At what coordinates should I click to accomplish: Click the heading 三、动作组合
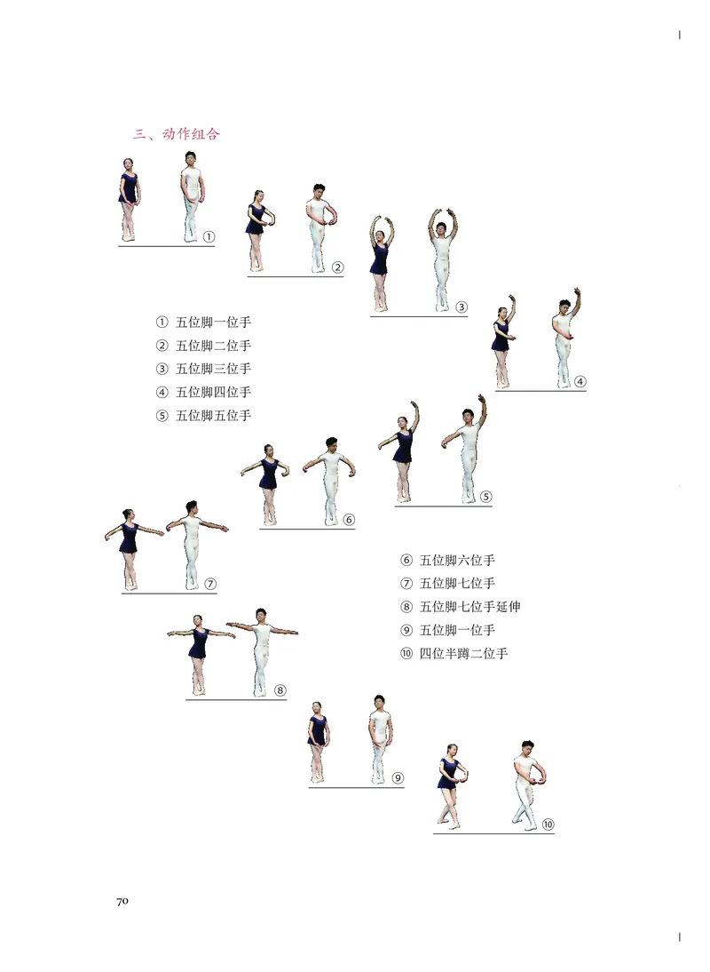pyautogui.click(x=177, y=134)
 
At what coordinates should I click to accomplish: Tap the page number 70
pyautogui.click(x=122, y=901)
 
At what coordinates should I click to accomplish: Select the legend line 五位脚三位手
pyautogui.click(x=204, y=369)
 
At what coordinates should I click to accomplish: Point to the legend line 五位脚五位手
pyautogui.click(x=204, y=415)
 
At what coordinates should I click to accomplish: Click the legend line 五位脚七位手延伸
pyautogui.click(x=461, y=606)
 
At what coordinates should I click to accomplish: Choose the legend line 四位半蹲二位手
pyautogui.click(x=455, y=653)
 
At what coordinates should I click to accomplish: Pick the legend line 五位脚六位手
pyautogui.click(x=448, y=561)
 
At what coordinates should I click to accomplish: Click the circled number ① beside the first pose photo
pyautogui.click(x=209, y=237)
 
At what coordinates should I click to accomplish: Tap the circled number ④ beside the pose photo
pyautogui.click(x=580, y=381)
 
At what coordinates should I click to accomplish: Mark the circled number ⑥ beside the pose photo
pyautogui.click(x=349, y=520)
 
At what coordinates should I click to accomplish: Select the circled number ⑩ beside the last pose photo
pyautogui.click(x=548, y=825)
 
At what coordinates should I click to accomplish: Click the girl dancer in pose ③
pyautogui.click(x=381, y=264)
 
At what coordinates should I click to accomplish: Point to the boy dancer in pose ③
pyautogui.click(x=441, y=260)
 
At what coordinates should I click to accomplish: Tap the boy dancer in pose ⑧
pyautogui.click(x=262, y=652)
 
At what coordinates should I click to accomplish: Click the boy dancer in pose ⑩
pyautogui.click(x=528, y=785)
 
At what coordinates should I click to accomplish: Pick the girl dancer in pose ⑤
pyautogui.click(x=401, y=451)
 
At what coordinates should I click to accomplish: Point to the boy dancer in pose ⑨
pyautogui.click(x=380, y=739)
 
